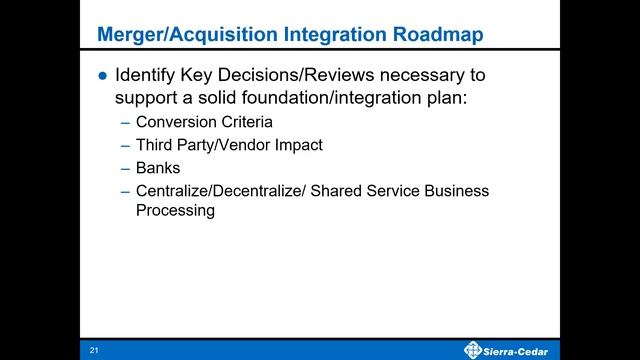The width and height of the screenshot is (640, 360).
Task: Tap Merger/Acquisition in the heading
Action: (x=168, y=35)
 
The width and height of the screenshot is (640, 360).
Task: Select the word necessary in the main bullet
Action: (x=421, y=76)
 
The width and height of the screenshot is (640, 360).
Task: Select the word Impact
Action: (x=297, y=146)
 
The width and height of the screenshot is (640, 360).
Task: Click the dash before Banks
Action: (x=124, y=168)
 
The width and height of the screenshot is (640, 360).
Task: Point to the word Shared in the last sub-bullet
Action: (x=336, y=191)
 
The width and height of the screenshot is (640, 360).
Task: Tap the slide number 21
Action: (x=94, y=349)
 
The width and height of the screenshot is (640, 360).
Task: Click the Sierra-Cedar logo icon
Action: (x=474, y=348)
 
